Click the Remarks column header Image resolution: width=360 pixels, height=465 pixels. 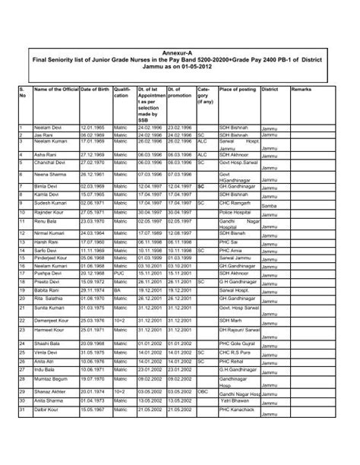pos(301,90)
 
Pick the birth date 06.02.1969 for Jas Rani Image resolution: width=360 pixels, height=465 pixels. pos(93,134)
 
